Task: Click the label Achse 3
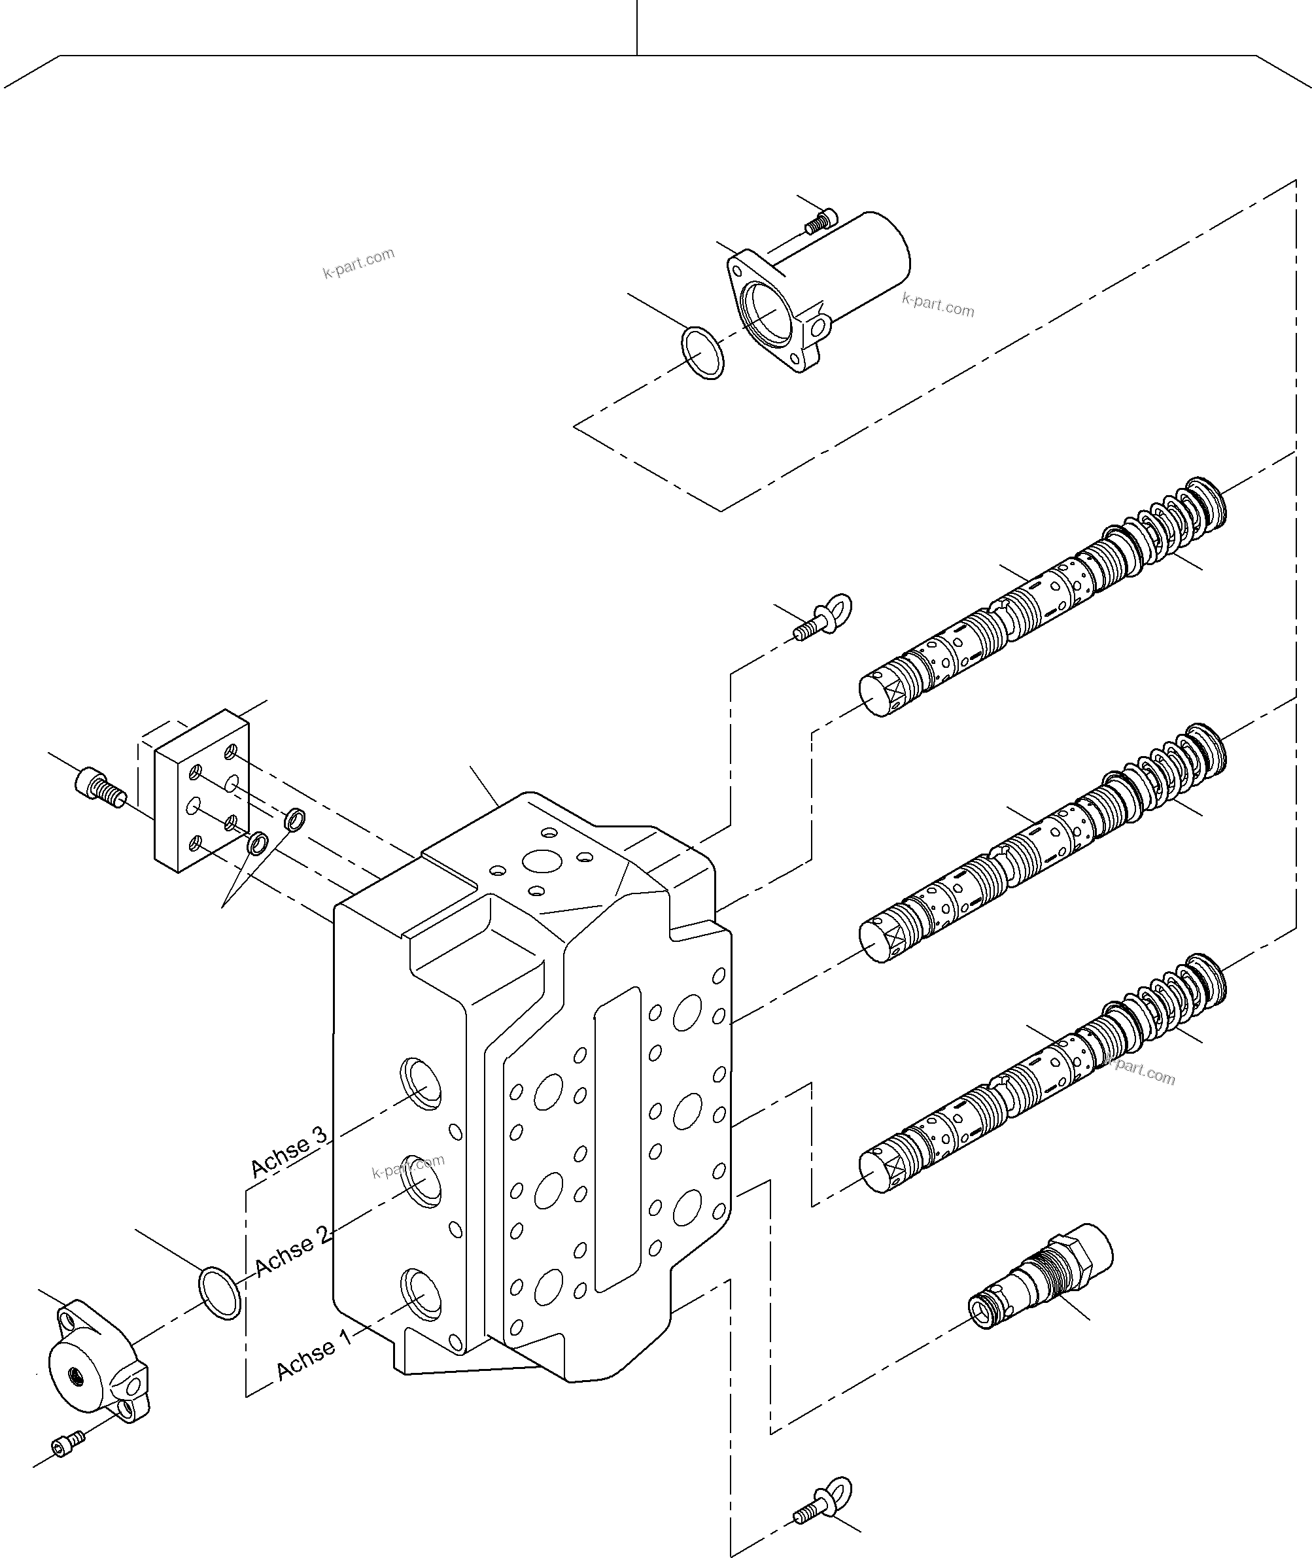(x=288, y=1152)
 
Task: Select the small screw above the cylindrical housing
(x=821, y=220)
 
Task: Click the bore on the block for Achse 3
(x=421, y=1085)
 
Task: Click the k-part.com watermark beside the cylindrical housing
(x=938, y=305)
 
